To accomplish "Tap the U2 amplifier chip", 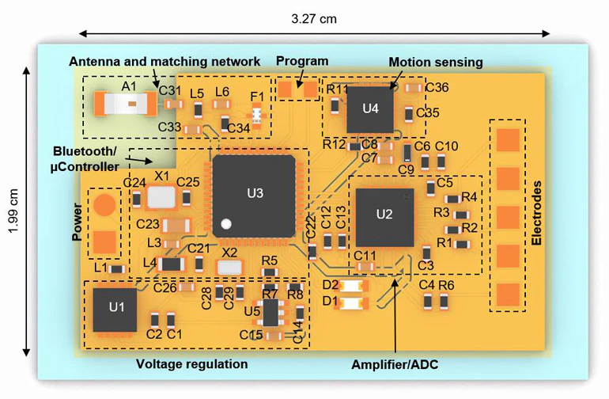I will [x=384, y=216].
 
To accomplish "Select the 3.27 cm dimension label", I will [x=313, y=18].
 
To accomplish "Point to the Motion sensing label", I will [x=435, y=62].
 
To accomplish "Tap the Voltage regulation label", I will [x=192, y=364].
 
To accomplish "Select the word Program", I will [x=302, y=61].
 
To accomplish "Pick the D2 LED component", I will [x=354, y=287].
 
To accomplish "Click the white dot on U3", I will [x=226, y=224].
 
